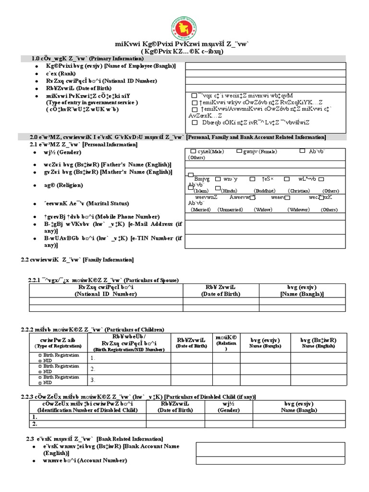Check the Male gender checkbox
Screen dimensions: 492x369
click(193, 151)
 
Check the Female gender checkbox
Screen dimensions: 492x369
click(239, 151)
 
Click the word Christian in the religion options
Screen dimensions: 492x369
click(299, 191)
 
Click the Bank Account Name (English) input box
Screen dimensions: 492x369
click(270, 449)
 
